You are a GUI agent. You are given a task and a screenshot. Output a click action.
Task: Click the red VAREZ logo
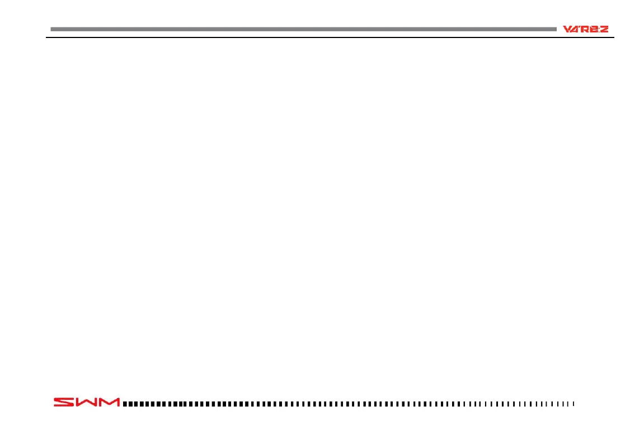[585, 29]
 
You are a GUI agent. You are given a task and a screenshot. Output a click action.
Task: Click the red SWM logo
[87, 402]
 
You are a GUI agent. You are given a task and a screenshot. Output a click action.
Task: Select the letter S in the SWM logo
[64, 402]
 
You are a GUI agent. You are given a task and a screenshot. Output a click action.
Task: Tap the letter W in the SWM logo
[86, 402]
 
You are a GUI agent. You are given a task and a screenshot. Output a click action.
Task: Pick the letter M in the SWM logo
[109, 402]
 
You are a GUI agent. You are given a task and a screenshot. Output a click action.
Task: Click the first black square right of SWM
[125, 403]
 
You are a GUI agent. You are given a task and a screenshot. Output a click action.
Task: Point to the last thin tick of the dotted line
[574, 403]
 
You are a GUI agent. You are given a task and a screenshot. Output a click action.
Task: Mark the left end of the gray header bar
[52, 29]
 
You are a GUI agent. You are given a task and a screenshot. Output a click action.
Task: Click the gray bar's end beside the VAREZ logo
[555, 29]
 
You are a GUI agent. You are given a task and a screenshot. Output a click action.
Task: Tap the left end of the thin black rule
[46, 38]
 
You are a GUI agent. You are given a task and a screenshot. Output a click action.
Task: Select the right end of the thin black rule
[614, 38]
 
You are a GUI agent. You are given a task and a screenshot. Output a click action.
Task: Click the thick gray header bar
[302, 29]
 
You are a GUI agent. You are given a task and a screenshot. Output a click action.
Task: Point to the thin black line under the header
[330, 38]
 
